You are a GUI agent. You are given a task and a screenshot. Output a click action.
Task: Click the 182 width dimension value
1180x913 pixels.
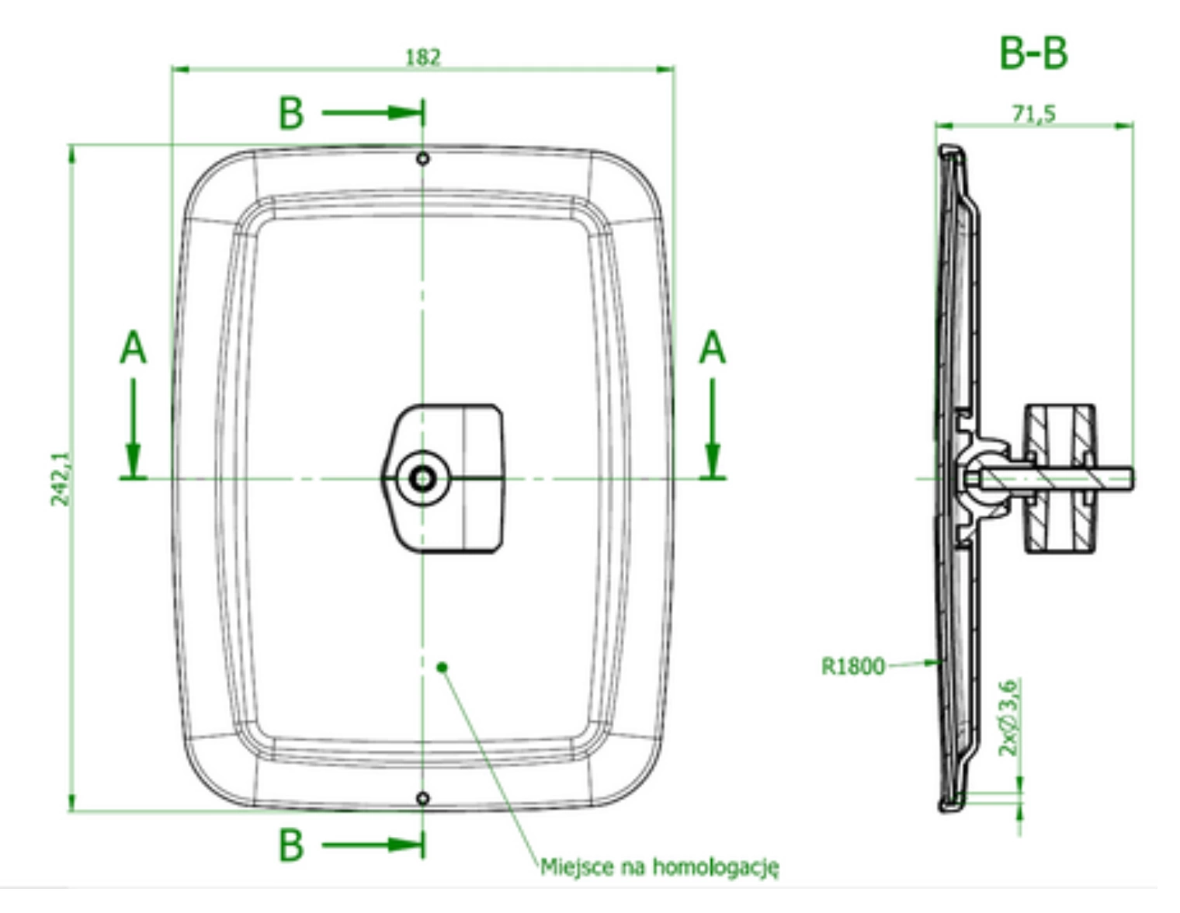424,57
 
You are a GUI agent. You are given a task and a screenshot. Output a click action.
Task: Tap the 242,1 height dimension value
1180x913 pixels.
60,479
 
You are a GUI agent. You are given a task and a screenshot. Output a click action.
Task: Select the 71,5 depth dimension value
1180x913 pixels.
1034,113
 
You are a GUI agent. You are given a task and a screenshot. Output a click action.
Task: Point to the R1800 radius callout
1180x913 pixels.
853,666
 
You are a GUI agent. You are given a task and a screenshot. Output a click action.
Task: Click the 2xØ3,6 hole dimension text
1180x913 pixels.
1008,717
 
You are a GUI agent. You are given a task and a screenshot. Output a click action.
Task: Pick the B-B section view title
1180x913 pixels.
1033,54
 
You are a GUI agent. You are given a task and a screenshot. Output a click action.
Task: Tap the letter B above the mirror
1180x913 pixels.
291,113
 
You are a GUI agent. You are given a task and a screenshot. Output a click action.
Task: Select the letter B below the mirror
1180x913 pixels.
291,845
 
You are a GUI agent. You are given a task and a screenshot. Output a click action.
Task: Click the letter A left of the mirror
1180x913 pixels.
133,348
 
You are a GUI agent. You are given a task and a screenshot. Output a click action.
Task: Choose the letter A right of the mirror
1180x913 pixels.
713,348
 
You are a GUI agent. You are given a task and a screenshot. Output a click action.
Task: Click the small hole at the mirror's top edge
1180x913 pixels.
423,158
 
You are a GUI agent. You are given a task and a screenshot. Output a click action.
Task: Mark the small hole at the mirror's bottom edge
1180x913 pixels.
423,798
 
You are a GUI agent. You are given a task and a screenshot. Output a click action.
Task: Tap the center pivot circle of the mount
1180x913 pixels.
422,479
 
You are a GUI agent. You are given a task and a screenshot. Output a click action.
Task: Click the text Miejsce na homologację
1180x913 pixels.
659,867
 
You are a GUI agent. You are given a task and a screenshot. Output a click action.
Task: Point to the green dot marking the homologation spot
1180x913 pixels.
442,667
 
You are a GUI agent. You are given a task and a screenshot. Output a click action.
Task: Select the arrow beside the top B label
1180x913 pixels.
373,113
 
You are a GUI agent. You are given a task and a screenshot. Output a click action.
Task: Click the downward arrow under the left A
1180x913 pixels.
133,428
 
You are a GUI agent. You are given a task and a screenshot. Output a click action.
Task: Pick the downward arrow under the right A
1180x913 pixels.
713,428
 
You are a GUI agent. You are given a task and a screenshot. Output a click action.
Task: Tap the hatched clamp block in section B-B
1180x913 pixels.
1060,479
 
